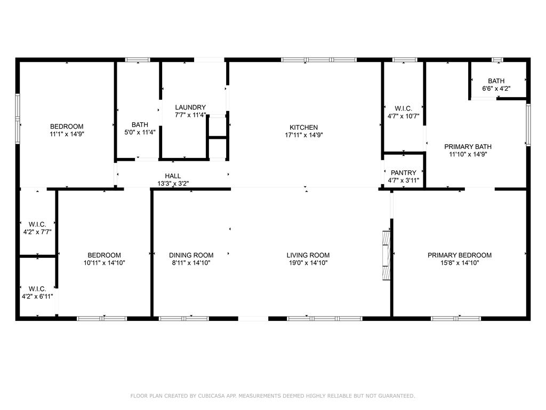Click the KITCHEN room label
(303, 128)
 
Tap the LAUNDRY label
(190, 107)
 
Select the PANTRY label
(404, 173)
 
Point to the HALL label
(173, 176)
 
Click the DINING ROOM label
(191, 255)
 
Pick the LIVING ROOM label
(308, 255)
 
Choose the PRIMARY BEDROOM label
(460, 255)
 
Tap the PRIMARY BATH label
(468, 147)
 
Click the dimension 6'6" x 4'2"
(496, 89)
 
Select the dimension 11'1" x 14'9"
(67, 134)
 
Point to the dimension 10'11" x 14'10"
(104, 263)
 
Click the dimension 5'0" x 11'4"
(140, 132)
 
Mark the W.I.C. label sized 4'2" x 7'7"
(37, 225)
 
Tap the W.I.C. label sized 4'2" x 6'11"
(37, 289)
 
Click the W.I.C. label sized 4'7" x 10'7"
(403, 109)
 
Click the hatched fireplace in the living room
(386, 255)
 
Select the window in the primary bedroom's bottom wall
(456, 318)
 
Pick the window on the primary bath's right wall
(528, 124)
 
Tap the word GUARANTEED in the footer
(397, 396)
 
